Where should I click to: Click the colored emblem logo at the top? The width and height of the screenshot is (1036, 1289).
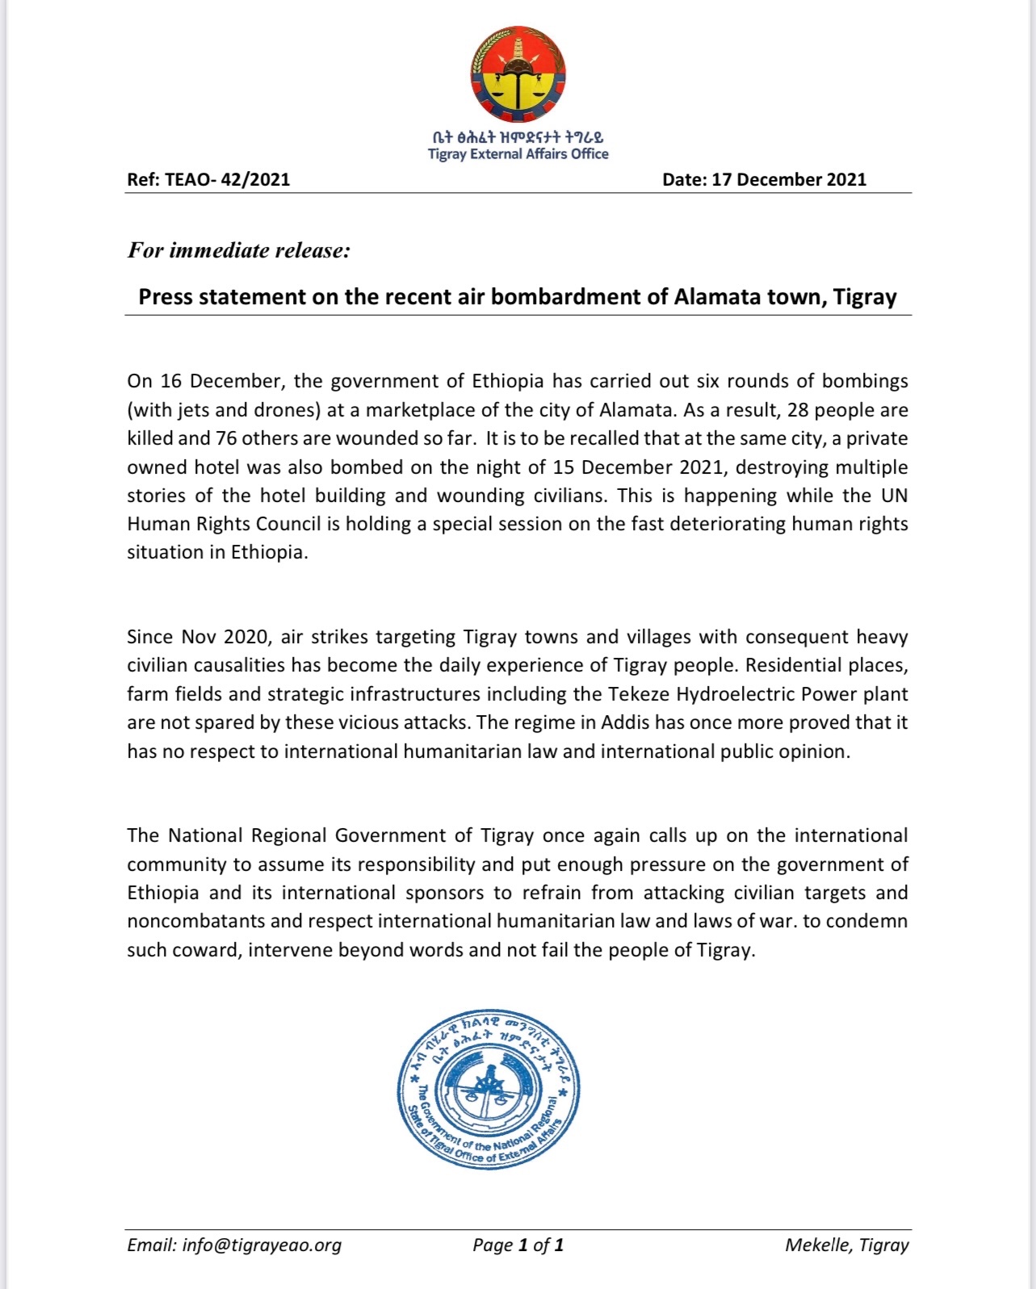click(x=518, y=75)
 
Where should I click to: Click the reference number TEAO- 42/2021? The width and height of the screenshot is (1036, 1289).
click(x=227, y=179)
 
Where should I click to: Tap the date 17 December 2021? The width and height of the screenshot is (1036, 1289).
click(x=788, y=179)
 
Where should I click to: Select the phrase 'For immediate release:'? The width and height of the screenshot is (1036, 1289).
click(x=239, y=250)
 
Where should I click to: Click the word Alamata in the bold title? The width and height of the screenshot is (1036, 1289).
click(x=713, y=297)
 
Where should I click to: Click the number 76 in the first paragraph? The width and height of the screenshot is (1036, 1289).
click(x=226, y=438)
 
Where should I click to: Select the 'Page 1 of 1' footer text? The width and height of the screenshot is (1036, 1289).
click(x=518, y=1245)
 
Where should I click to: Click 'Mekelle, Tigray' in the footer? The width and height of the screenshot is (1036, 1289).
click(x=846, y=1245)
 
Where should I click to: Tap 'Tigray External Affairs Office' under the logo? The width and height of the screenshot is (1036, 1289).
click(x=518, y=154)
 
